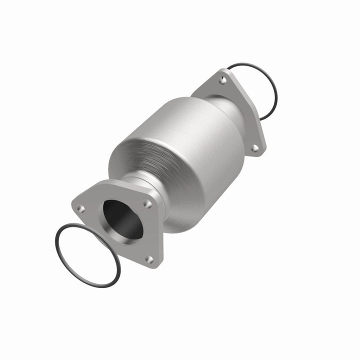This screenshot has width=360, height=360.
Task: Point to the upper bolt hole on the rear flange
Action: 223,80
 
